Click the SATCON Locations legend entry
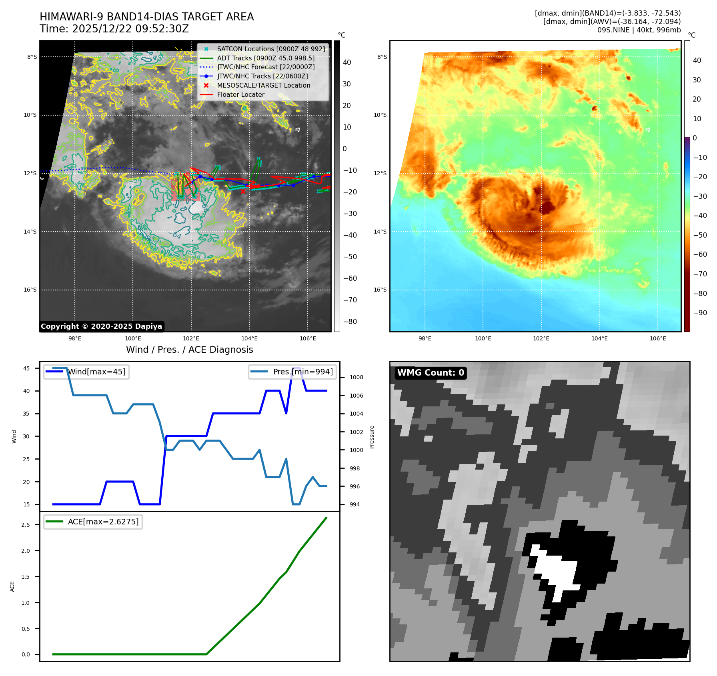[270, 49]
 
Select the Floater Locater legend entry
[240, 95]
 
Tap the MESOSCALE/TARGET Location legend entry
[263, 86]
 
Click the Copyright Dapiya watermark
[101, 326]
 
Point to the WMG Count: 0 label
[431, 373]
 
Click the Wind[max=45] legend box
[86, 372]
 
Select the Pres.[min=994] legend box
[292, 372]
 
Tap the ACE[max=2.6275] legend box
[93, 522]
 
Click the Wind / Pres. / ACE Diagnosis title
[189, 350]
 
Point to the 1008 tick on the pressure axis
[356, 377]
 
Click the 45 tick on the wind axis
[26, 368]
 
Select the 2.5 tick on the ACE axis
[26, 525]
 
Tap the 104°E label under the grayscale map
[249, 339]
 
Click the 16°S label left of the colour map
[380, 290]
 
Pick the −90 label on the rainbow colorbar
[700, 313]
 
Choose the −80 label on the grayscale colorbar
[350, 322]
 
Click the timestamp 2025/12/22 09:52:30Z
[130, 29]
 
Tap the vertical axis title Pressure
[372, 437]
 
